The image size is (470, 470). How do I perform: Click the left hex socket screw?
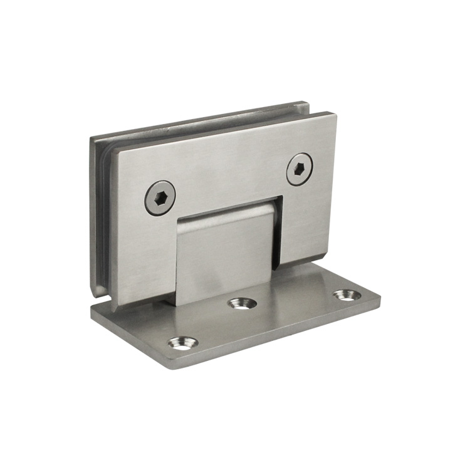tap(159, 197)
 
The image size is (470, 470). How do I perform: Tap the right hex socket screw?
tap(299, 169)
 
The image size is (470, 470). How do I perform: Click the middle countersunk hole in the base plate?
tap(242, 304)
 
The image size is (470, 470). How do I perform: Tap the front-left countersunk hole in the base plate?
tap(183, 342)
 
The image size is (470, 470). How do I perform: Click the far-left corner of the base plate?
tap(92, 308)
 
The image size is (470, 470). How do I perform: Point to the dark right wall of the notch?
tap(276, 232)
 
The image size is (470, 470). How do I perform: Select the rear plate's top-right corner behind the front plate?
tap(307, 102)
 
